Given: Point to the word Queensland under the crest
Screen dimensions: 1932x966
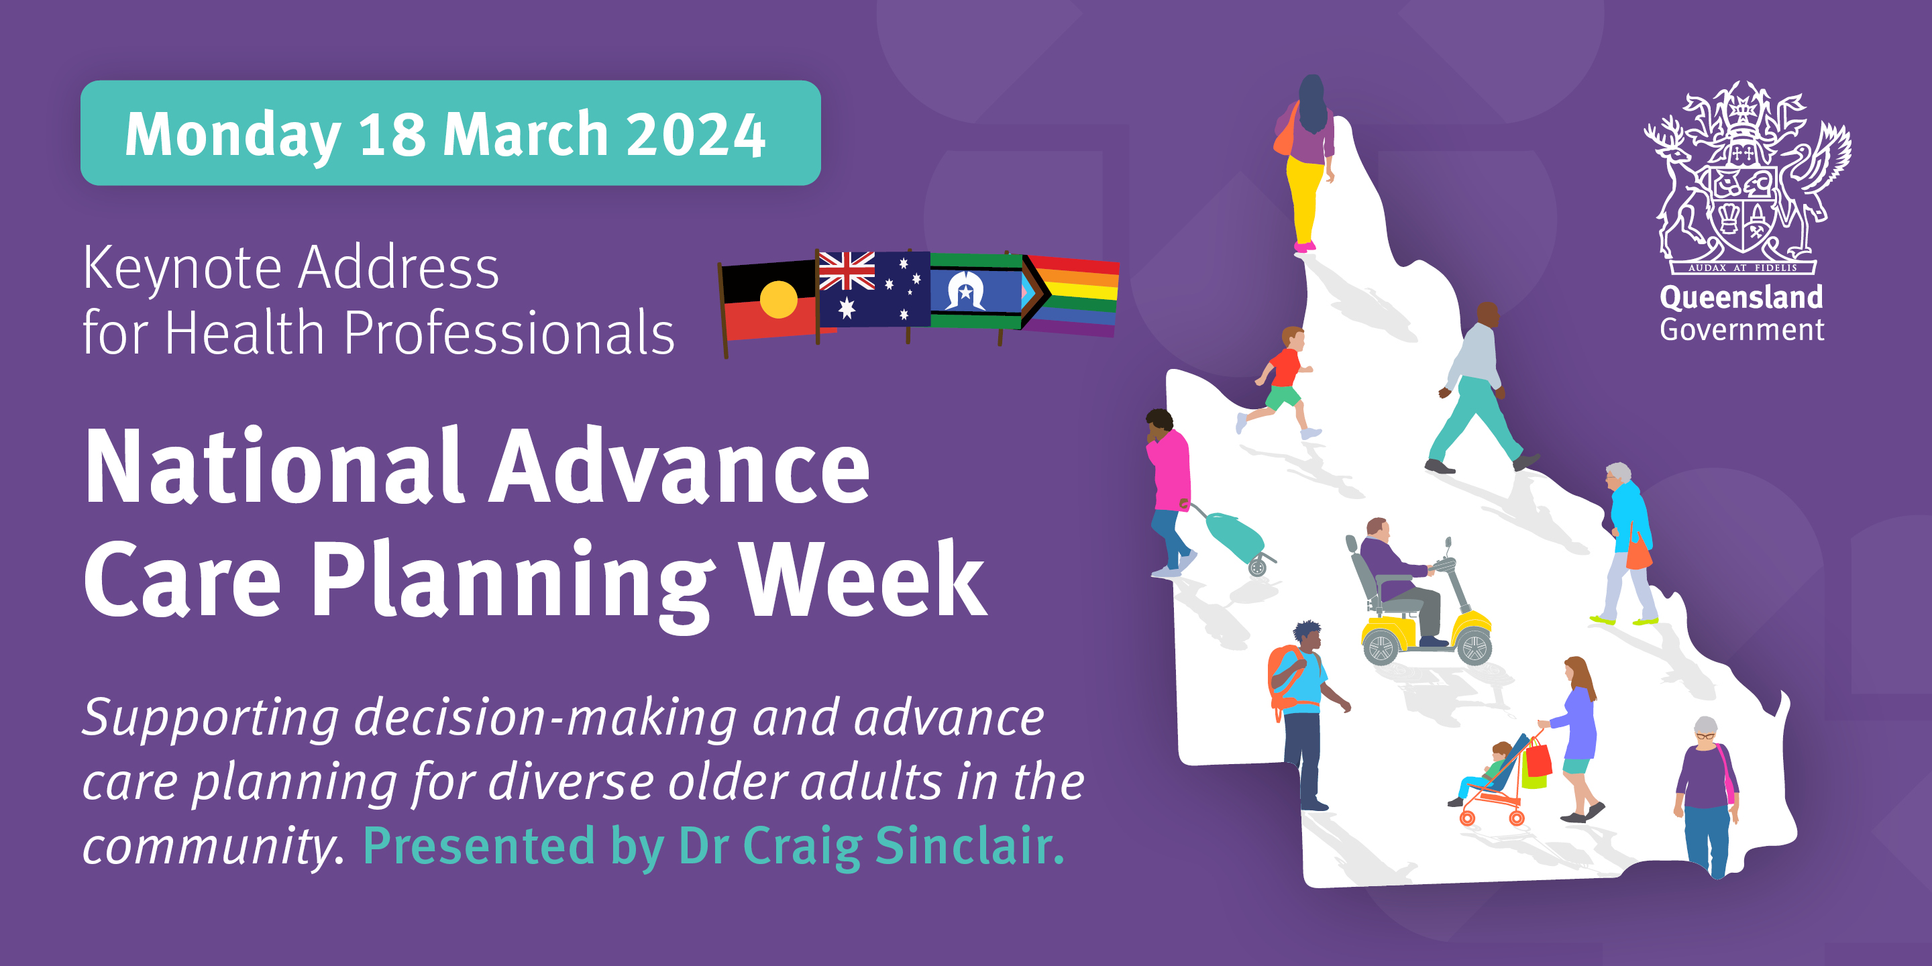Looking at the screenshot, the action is point(1741,297).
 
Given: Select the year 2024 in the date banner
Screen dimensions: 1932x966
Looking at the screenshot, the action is point(695,134).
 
